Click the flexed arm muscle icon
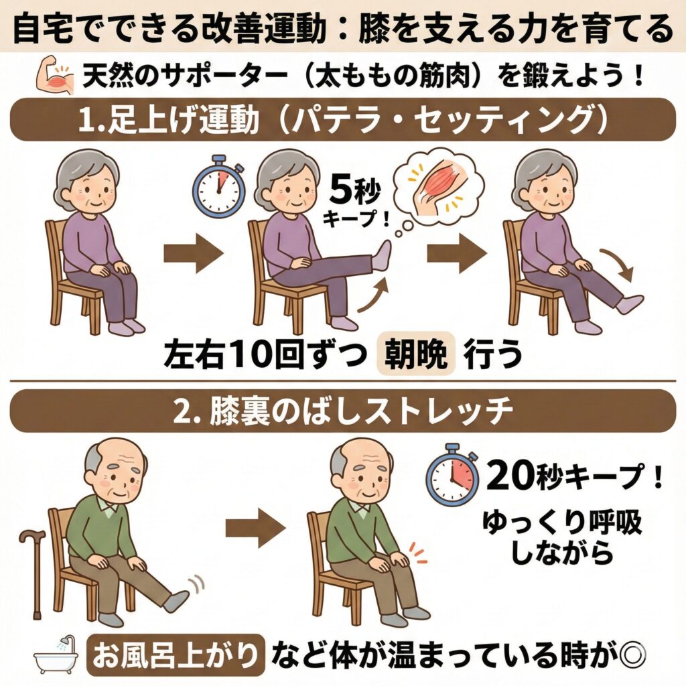click(x=56, y=76)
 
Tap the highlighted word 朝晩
click(x=415, y=354)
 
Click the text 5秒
click(x=355, y=191)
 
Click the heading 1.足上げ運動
click(x=169, y=119)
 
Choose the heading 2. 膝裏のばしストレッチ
click(x=343, y=411)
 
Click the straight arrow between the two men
click(x=255, y=528)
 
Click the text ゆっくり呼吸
click(x=562, y=523)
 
